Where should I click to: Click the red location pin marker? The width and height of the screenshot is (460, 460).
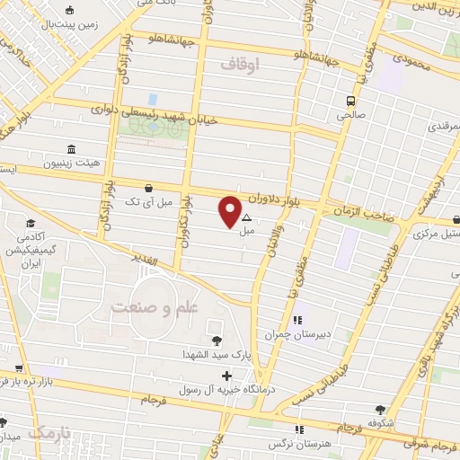tap(230, 212)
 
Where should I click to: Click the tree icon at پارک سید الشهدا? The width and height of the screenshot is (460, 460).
tap(216, 341)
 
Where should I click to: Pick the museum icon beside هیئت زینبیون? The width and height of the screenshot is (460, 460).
tap(71, 151)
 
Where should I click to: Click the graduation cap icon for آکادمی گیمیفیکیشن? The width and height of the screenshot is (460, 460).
tap(31, 225)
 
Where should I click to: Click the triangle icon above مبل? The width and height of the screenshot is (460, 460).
tap(246, 217)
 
